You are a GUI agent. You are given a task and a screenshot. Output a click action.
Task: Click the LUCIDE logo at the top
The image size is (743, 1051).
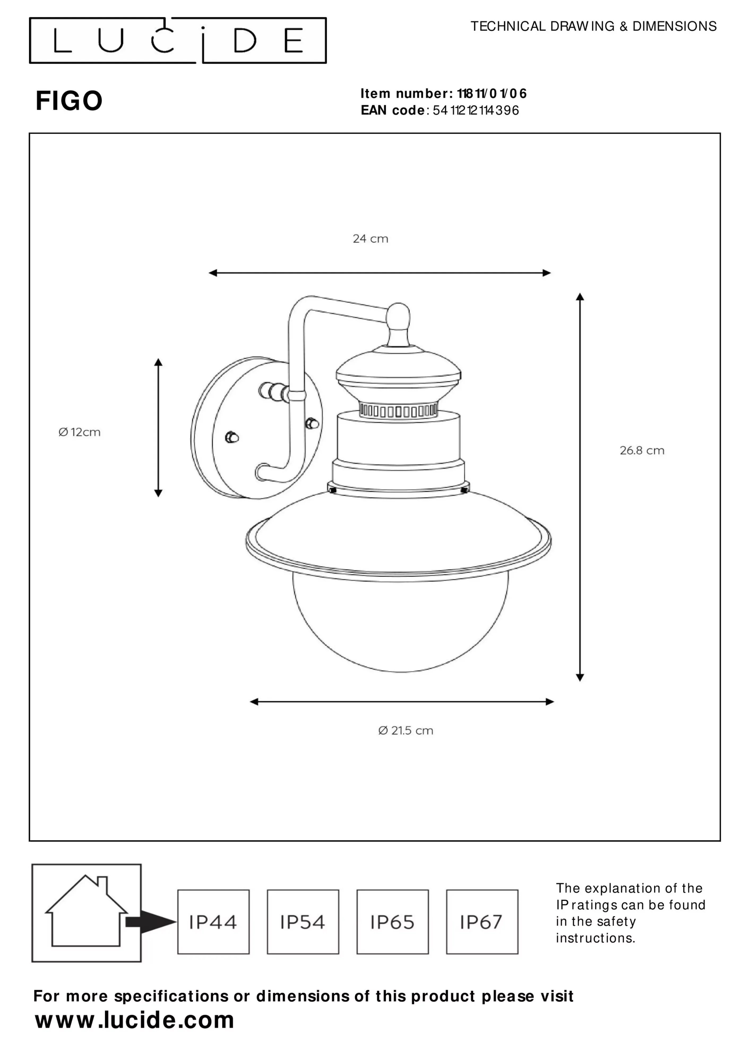pyautogui.click(x=178, y=40)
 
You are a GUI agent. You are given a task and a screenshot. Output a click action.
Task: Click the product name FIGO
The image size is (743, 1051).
pyautogui.click(x=69, y=101)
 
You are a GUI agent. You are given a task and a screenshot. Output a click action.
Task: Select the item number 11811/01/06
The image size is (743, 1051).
pyautogui.click(x=492, y=93)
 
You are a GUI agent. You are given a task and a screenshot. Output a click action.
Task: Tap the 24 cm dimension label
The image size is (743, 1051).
pyautogui.click(x=370, y=239)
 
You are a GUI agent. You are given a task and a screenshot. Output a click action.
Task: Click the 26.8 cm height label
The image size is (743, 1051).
pyautogui.click(x=642, y=450)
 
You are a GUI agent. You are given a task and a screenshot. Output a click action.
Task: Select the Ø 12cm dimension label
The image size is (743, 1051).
pyautogui.click(x=79, y=432)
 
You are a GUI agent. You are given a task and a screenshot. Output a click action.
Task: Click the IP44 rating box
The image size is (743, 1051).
pyautogui.click(x=213, y=922)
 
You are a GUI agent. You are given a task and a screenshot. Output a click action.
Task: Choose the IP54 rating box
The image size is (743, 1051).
pyautogui.click(x=303, y=922)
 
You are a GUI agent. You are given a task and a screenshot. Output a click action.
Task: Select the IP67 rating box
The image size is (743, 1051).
pyautogui.click(x=482, y=922)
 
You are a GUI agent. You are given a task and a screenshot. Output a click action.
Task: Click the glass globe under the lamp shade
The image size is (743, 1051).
pyautogui.click(x=400, y=623)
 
